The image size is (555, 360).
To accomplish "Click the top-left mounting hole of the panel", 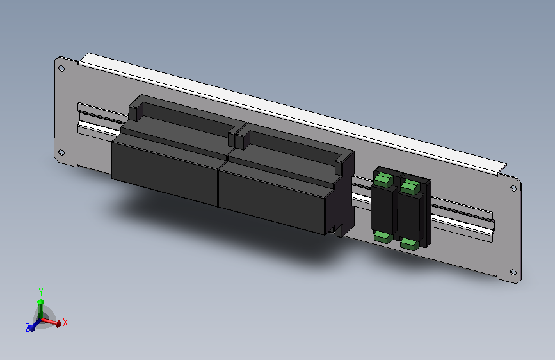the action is tap(61, 68).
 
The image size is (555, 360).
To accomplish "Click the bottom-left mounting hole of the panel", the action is tap(61, 152).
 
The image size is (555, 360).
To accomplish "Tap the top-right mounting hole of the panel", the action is tap(513, 188).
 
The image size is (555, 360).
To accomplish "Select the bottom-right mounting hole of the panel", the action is tap(513, 272).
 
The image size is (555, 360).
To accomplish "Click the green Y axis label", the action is tap(41, 292).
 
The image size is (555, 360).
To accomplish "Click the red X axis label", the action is tap(65, 322).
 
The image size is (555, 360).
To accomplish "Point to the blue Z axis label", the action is tap(28, 328).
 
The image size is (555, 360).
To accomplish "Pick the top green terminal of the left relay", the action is tap(383, 179).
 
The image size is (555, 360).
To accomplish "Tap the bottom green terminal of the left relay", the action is tap(383, 236).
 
